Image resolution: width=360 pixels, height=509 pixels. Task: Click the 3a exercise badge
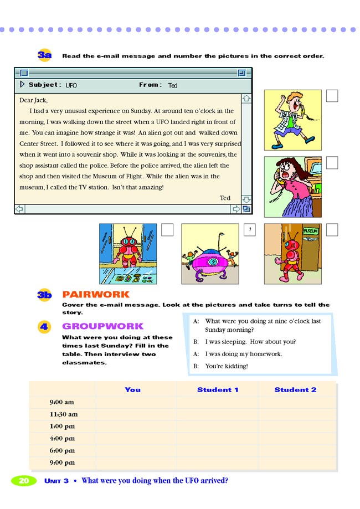click(x=45, y=55)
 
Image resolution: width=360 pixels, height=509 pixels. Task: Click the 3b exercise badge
click(x=45, y=295)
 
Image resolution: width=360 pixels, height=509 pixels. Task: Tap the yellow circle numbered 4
click(x=44, y=327)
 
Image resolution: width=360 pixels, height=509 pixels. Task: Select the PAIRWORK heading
click(x=96, y=295)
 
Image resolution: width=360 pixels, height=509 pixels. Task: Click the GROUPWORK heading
click(x=102, y=326)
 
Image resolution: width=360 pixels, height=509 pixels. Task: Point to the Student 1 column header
click(x=218, y=389)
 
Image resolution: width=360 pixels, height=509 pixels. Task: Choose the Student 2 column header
click(x=295, y=389)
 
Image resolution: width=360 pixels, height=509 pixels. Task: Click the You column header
click(x=132, y=389)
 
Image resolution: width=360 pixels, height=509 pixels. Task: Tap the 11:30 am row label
click(x=63, y=414)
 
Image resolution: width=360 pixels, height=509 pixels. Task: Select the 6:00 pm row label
click(x=62, y=451)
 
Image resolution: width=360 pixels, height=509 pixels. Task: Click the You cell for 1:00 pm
click(x=136, y=426)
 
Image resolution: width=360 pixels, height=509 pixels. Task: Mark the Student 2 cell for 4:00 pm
click(x=297, y=439)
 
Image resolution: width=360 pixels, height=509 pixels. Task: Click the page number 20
click(x=24, y=481)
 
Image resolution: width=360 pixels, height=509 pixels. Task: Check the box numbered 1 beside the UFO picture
click(x=250, y=230)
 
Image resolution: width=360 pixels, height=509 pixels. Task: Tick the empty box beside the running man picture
click(x=332, y=96)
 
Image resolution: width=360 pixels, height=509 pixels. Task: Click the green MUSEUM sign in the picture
click(x=310, y=230)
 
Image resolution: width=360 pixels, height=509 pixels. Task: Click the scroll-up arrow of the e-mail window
click(x=246, y=98)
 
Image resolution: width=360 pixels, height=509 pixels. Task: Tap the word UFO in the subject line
click(x=71, y=86)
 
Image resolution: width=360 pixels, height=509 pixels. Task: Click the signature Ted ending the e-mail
click(x=225, y=198)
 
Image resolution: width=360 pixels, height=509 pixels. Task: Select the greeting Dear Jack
click(x=33, y=100)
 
